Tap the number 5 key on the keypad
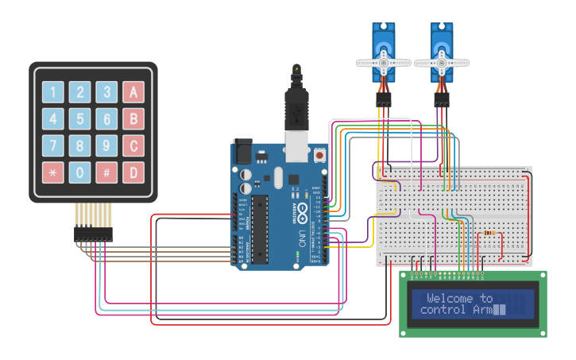tap(79, 119)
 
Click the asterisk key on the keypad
tap(52, 172)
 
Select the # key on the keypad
tap(106, 172)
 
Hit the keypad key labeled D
tap(133, 172)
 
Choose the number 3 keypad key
tap(106, 92)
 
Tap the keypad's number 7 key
tap(52, 146)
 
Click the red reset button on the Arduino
tap(319, 156)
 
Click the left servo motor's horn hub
tap(383, 62)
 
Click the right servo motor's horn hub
tap(441, 62)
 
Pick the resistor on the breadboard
tap(490, 234)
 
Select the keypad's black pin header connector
tap(93, 234)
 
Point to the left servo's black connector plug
tap(384, 100)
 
